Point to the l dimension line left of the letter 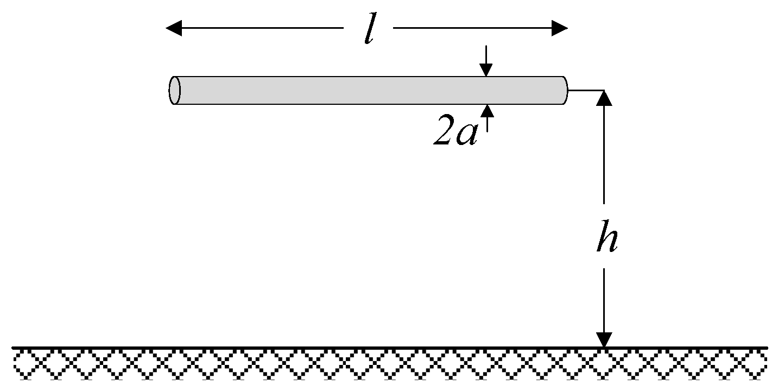(x=261, y=28)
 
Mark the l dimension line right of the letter (x=472, y=28)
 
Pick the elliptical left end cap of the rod (x=174, y=90)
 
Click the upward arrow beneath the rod (x=487, y=110)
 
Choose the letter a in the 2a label (x=467, y=136)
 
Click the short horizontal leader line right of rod (x=585, y=90)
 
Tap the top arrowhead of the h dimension (x=604, y=98)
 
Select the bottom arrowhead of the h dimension (x=604, y=339)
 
